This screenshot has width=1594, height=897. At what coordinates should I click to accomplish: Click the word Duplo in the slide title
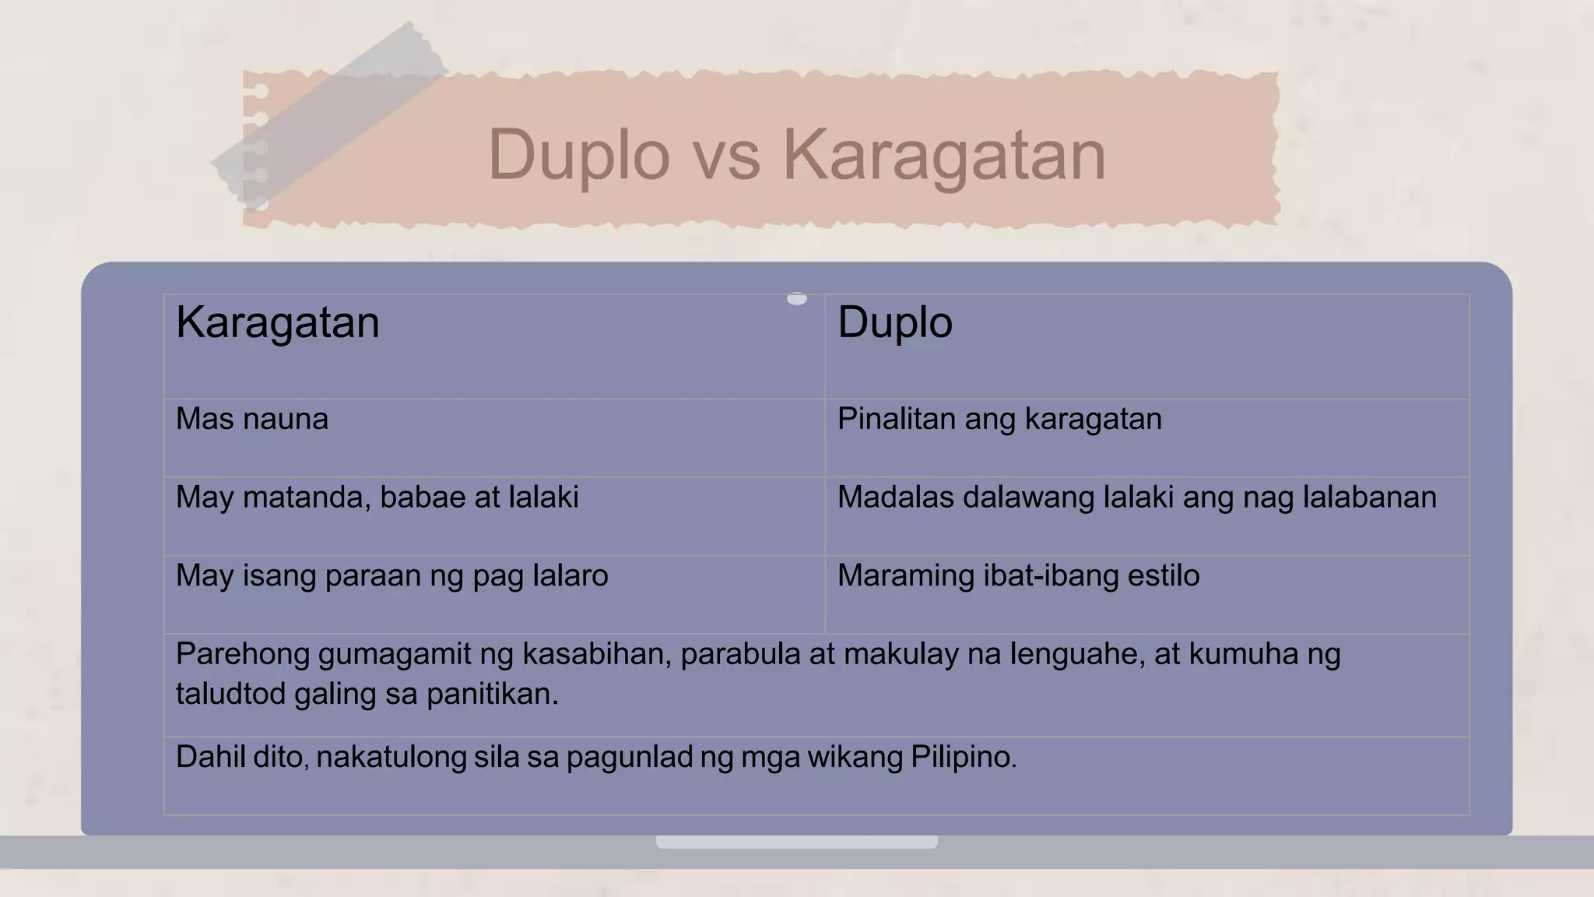[x=579, y=155]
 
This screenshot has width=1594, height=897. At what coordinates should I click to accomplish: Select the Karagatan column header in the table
[x=278, y=322]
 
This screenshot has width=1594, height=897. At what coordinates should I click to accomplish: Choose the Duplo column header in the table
[x=895, y=322]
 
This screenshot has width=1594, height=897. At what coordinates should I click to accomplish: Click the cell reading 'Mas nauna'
[x=252, y=420]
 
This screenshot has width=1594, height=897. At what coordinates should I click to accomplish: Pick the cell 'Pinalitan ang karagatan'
[x=999, y=420]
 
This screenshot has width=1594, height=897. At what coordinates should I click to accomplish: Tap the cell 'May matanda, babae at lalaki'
[x=377, y=498]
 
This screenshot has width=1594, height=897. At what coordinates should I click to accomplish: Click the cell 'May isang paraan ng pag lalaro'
[x=392, y=576]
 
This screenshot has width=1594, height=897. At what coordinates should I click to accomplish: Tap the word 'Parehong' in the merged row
[x=242, y=655]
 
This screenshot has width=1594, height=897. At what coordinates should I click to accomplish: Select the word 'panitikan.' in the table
[x=493, y=695]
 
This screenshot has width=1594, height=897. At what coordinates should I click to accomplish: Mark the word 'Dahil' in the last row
[x=202, y=757]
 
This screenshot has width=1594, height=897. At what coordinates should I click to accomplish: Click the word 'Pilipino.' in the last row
[x=964, y=757]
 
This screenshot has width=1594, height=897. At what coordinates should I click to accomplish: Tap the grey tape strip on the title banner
[x=327, y=117]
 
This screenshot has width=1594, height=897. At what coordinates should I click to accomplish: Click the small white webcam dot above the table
[x=796, y=298]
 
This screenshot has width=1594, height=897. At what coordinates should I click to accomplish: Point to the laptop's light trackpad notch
[x=796, y=842]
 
